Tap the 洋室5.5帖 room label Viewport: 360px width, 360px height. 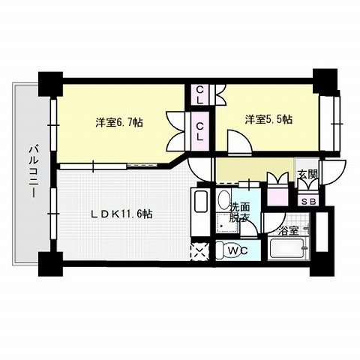[x=267, y=118]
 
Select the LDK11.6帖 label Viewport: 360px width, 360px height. [x=122, y=214]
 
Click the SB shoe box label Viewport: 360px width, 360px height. [x=307, y=200]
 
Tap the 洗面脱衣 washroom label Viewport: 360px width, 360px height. [x=240, y=213]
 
